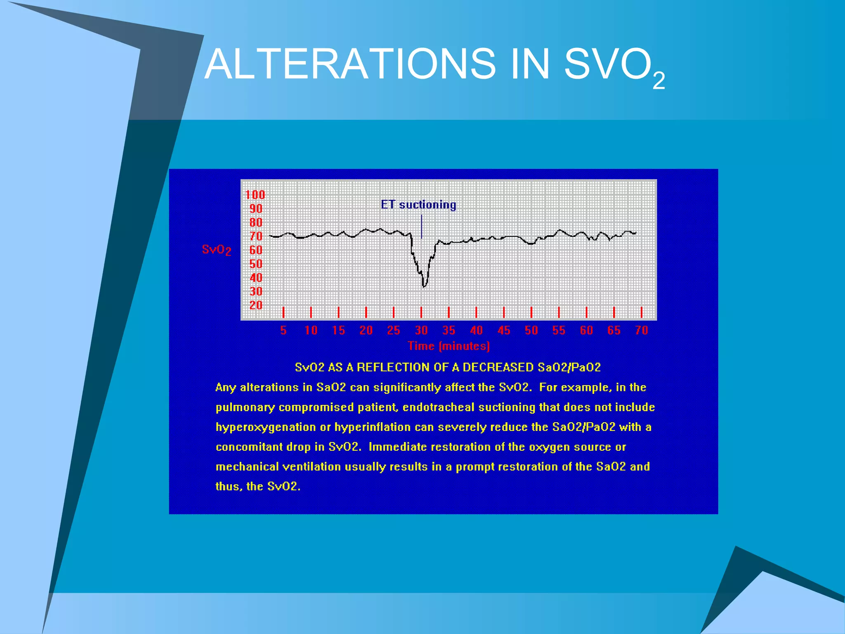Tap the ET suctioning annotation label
point(418,205)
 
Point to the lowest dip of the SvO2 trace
point(424,286)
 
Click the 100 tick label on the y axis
point(255,195)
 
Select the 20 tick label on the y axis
point(256,305)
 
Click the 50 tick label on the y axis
point(256,264)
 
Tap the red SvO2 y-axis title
point(216,249)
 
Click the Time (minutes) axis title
point(448,346)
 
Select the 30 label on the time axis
point(421,330)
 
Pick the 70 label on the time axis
point(642,330)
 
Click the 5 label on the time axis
point(283,330)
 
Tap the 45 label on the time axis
point(504,330)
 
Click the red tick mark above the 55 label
point(559,312)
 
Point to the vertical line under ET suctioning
point(421,227)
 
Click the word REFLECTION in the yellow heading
point(392,367)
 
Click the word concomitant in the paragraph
point(250,447)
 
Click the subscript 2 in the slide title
point(659,81)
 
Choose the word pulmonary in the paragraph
point(245,407)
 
